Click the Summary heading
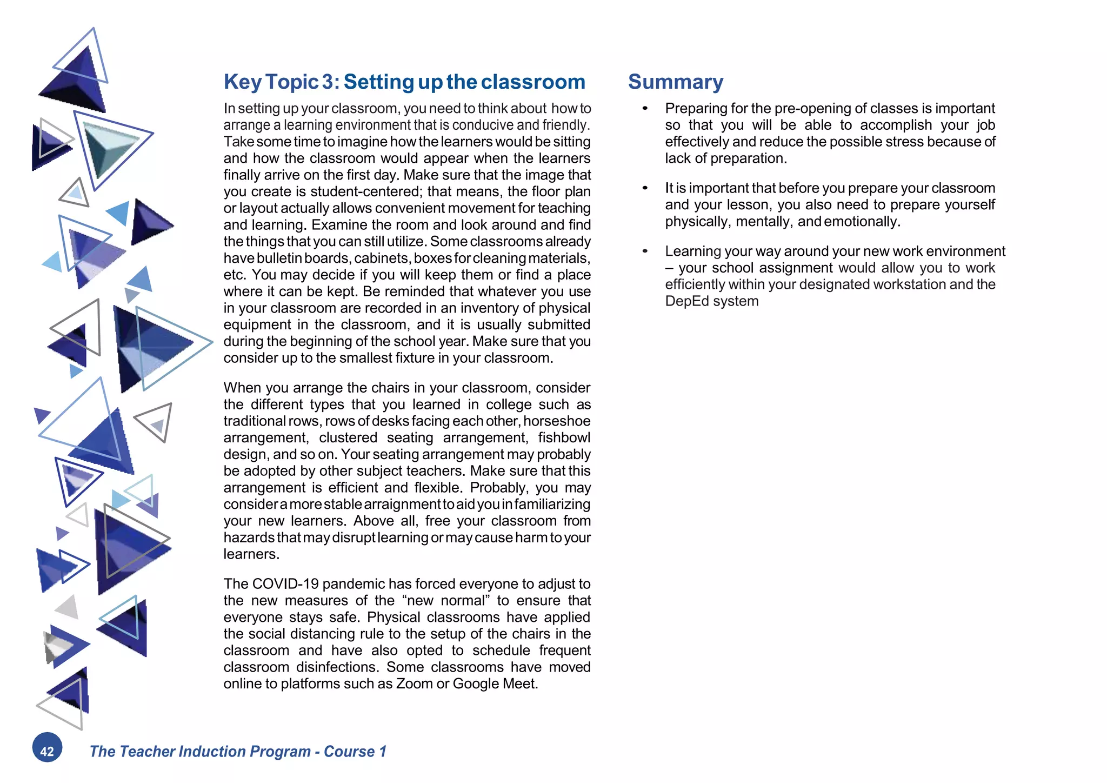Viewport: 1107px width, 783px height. coord(675,82)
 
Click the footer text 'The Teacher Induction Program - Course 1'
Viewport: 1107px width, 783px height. coord(238,751)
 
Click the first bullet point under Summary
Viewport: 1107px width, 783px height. coord(645,109)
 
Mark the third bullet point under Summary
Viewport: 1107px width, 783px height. coord(645,251)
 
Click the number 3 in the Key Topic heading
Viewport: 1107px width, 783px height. coord(328,82)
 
